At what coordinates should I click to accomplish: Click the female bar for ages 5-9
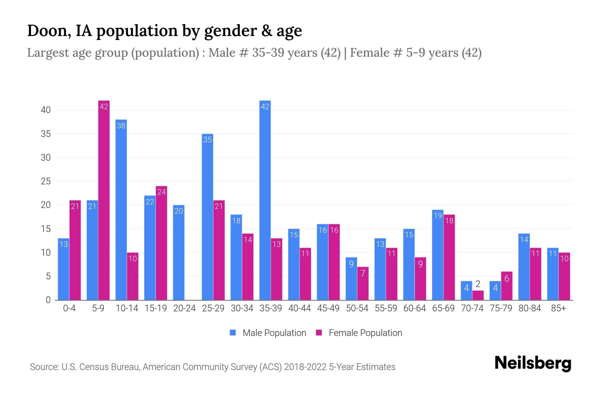click(x=104, y=200)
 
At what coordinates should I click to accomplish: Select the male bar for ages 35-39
click(x=265, y=200)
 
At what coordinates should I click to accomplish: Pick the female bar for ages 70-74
click(x=478, y=295)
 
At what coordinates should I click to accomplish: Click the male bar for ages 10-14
click(x=121, y=210)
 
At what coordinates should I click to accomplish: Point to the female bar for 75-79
click(x=507, y=286)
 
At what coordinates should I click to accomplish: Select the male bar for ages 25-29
click(x=207, y=217)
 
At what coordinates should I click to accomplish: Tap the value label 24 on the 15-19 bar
click(x=161, y=192)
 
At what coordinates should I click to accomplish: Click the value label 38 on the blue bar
click(x=121, y=126)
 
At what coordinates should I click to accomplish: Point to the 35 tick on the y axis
click(x=46, y=134)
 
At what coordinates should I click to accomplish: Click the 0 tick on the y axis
click(x=48, y=300)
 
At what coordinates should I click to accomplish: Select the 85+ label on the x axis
click(x=558, y=308)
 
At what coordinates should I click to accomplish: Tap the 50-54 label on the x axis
click(x=357, y=308)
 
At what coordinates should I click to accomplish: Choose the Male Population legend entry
click(x=274, y=333)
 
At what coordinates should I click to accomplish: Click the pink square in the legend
click(x=319, y=333)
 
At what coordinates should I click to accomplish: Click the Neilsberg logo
click(x=533, y=363)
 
